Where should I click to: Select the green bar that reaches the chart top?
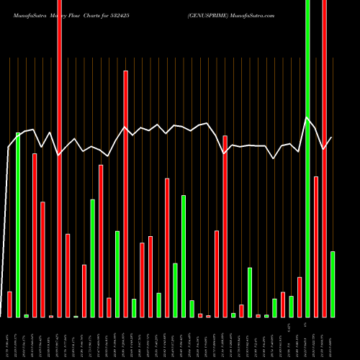click(x=307, y=158)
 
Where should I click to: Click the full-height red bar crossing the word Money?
click(x=59, y=158)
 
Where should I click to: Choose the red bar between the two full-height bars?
click(x=316, y=246)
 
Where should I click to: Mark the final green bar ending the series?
click(x=333, y=284)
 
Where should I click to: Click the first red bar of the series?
click(x=9, y=304)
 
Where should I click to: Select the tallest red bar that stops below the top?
click(x=126, y=194)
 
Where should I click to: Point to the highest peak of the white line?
click(x=307, y=117)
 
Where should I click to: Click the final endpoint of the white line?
click(x=332, y=138)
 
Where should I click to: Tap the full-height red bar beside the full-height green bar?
click(x=324, y=158)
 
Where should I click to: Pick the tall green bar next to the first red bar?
click(x=18, y=225)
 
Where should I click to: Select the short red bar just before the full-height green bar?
click(x=300, y=297)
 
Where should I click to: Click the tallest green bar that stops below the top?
click(x=18, y=225)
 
